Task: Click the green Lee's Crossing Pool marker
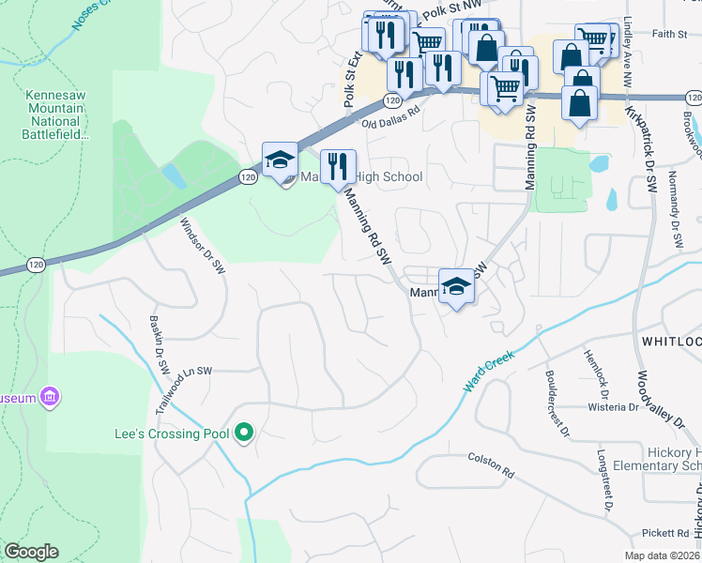[x=244, y=433]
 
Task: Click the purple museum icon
[x=51, y=398]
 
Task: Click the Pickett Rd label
[x=665, y=533]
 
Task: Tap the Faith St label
[x=669, y=34]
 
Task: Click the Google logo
[x=31, y=552]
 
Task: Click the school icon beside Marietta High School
[x=280, y=161]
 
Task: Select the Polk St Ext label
[x=351, y=80]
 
